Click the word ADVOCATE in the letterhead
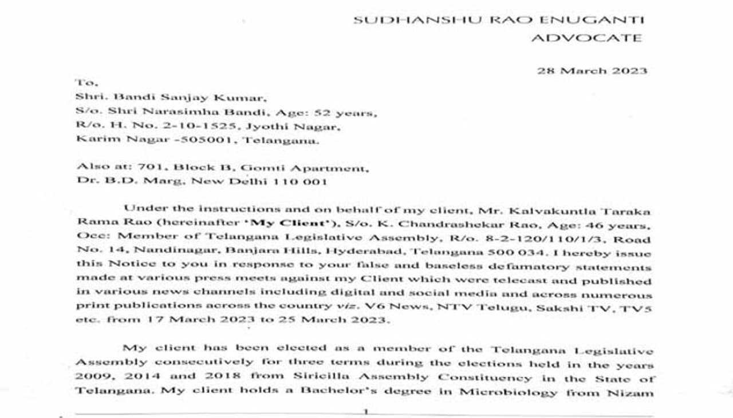[586, 38]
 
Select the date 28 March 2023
[592, 71]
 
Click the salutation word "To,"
[86, 83]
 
